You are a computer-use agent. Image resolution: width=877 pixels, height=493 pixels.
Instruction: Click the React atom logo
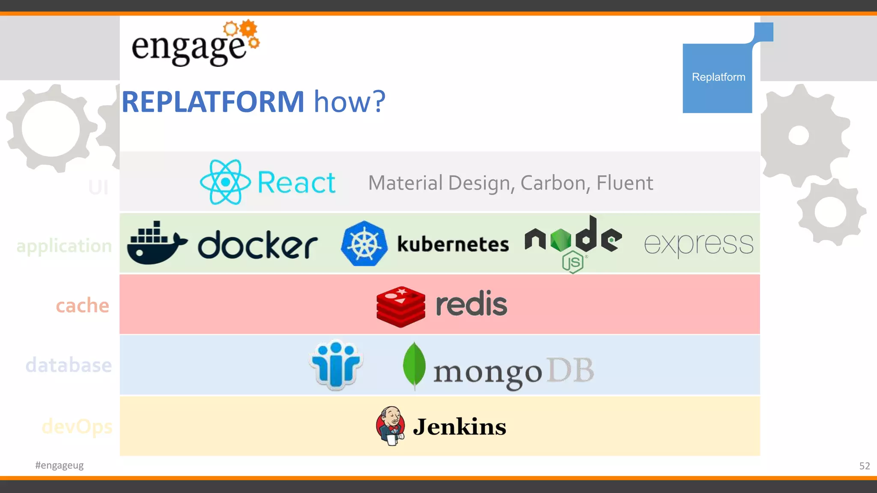pos(225,182)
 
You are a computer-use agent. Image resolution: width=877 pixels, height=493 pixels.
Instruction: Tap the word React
pos(296,183)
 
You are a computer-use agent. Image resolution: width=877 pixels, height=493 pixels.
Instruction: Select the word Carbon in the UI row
pos(552,183)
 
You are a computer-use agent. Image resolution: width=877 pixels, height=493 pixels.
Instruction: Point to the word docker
pos(258,245)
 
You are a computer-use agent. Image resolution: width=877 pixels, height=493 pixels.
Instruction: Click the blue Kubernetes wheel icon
pos(364,244)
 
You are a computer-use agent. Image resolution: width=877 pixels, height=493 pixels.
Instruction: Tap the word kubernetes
pos(453,244)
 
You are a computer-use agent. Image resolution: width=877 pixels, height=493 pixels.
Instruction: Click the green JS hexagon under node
pos(573,262)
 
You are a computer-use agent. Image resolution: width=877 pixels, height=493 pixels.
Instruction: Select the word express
pos(698,244)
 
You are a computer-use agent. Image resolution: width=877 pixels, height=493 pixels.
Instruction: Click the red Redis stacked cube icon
pos(401,306)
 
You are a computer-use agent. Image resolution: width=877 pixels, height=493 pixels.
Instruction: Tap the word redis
pos(471,304)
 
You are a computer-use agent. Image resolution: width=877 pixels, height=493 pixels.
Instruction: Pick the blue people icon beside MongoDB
pos(336,365)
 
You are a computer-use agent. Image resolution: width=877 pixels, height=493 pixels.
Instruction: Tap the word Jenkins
pos(459,427)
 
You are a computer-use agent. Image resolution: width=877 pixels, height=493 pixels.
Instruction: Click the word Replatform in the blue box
pos(718,77)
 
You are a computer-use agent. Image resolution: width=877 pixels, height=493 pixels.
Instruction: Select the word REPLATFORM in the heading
pos(213,102)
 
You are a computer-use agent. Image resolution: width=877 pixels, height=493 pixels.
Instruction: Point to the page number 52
pos(864,466)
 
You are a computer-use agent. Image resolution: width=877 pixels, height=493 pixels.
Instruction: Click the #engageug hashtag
pos(60,465)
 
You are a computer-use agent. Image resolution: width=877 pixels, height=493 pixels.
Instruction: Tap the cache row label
pos(83,306)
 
